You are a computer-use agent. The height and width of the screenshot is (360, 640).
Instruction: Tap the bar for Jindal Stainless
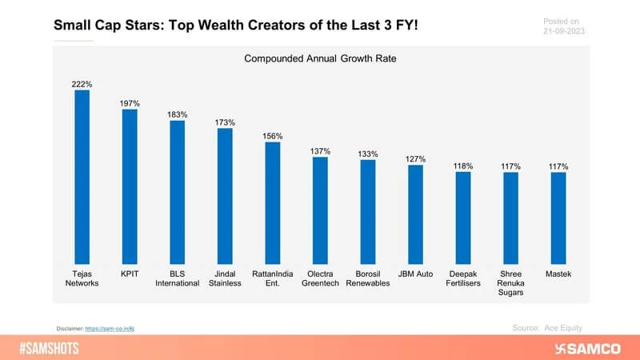click(225, 195)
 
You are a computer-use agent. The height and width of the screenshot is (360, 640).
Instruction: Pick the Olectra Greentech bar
click(320, 210)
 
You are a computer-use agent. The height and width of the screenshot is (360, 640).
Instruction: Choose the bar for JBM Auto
click(415, 214)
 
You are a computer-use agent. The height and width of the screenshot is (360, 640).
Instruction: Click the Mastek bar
click(558, 218)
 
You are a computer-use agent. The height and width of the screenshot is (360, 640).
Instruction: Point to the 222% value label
click(82, 83)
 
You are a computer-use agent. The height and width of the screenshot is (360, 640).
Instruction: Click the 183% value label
click(177, 114)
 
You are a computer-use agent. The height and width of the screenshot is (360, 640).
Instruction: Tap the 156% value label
click(273, 135)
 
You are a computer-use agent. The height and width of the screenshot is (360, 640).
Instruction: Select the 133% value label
click(368, 154)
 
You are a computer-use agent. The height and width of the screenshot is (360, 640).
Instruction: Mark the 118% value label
click(463, 166)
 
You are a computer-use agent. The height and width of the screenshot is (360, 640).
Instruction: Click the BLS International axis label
click(177, 278)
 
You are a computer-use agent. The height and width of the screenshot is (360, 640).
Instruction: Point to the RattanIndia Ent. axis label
click(273, 278)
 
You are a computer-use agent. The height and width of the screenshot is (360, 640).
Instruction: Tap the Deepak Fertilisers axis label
click(463, 278)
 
